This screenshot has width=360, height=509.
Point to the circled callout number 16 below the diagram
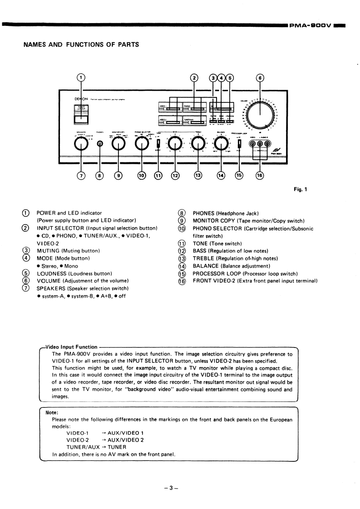point(259,175)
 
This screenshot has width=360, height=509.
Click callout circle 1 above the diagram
point(81,78)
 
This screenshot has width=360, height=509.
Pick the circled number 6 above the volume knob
point(260,78)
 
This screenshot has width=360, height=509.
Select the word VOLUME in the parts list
point(49,281)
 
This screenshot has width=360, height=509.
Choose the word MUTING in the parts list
point(48,250)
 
